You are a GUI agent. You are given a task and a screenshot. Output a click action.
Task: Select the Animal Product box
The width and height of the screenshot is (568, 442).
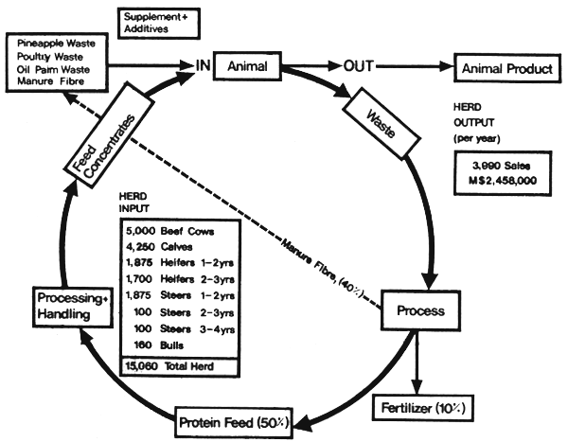(x=506, y=68)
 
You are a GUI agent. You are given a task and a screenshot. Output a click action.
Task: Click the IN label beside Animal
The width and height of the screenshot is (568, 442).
(x=202, y=66)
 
